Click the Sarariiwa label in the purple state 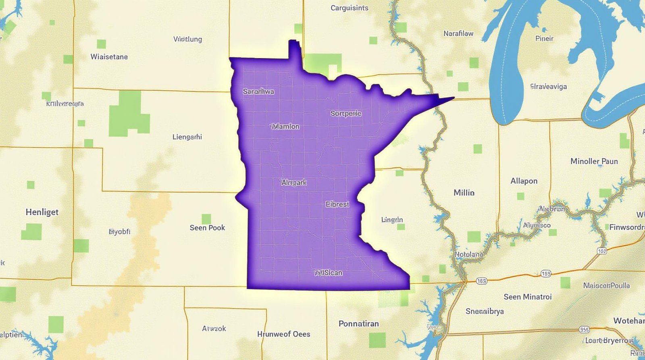(x=258, y=92)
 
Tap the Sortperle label (x=345, y=113)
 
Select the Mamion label (x=285, y=127)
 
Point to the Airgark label (x=294, y=183)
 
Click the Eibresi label (x=337, y=204)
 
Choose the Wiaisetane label (x=109, y=57)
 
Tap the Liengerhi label (x=187, y=137)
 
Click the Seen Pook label (x=207, y=228)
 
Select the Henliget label (x=42, y=212)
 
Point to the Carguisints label (x=349, y=8)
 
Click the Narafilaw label (x=458, y=33)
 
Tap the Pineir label (x=544, y=39)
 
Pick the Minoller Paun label (x=594, y=161)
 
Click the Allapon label (x=524, y=181)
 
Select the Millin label (x=464, y=193)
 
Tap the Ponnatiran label (x=358, y=324)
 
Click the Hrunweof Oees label (x=284, y=334)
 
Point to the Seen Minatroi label (x=527, y=297)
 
